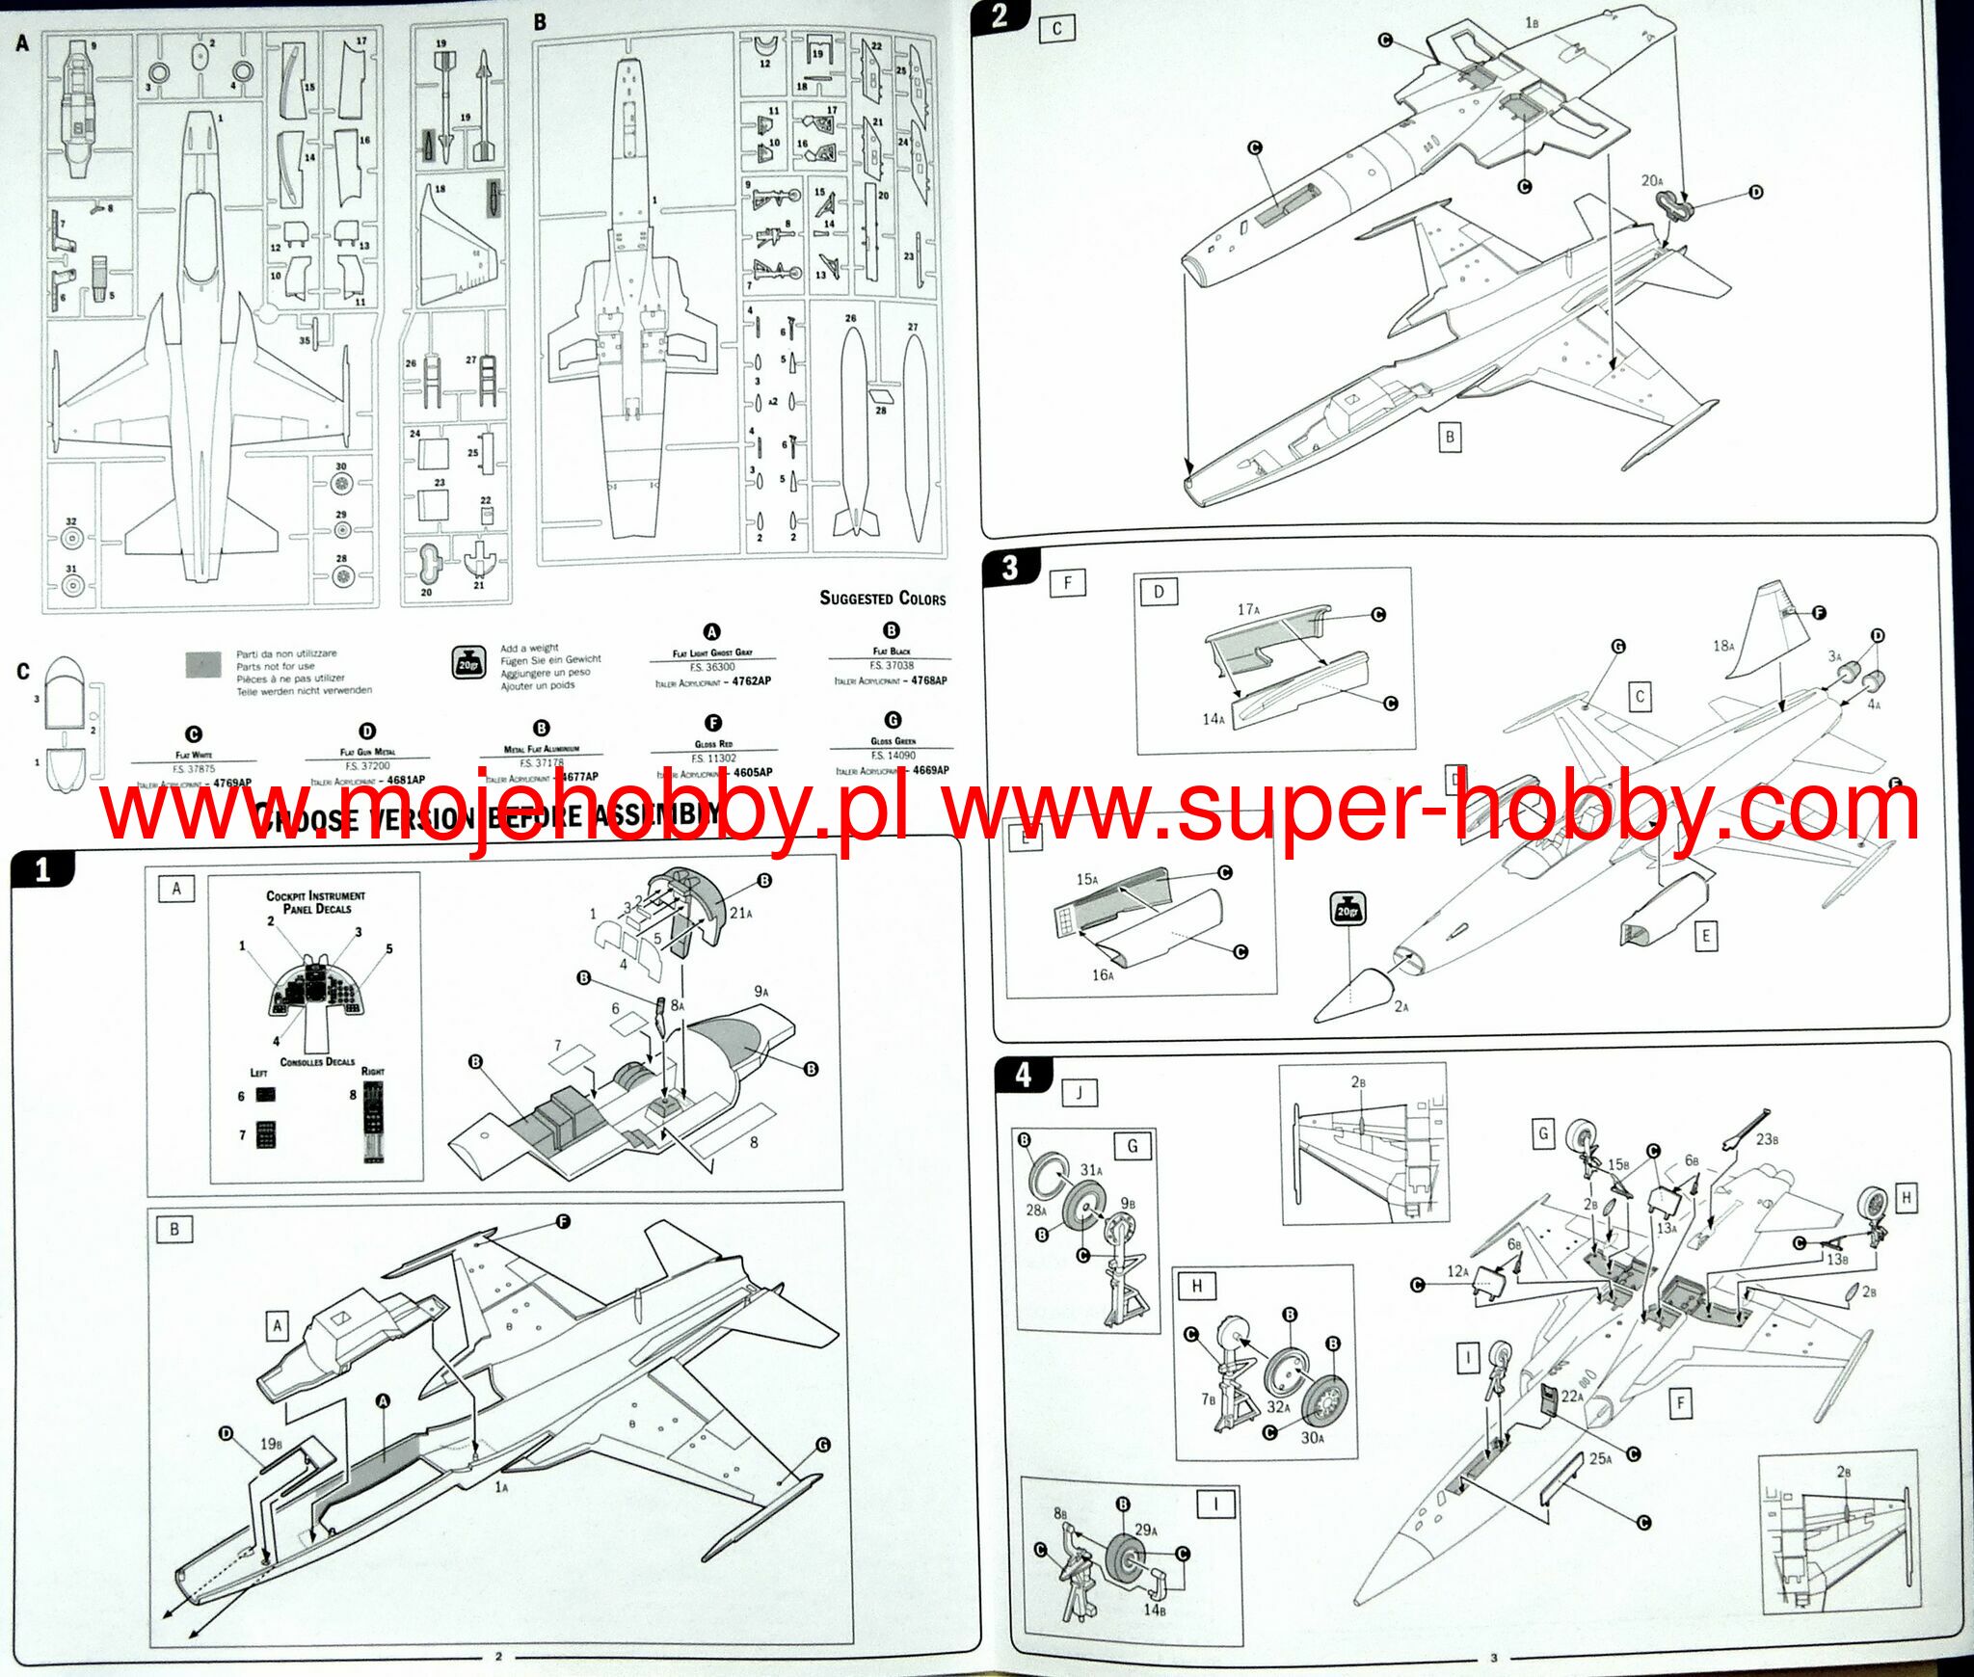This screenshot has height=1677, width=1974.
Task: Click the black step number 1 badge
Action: [x=41, y=870]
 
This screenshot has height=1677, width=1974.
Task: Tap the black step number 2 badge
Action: [x=1000, y=15]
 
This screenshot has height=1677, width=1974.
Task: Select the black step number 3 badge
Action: [x=1009, y=567]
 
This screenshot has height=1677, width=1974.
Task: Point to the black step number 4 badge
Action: [x=1023, y=1075]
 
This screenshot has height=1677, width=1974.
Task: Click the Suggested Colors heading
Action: [x=882, y=599]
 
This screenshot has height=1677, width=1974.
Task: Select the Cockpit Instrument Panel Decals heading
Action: [x=315, y=902]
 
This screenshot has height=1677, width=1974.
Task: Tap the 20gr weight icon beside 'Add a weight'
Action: [x=468, y=663]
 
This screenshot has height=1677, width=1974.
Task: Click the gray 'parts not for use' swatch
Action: [x=202, y=664]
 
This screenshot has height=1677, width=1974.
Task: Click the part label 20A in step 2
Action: [x=1651, y=180]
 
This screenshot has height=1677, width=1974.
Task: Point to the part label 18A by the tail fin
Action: [x=1722, y=646]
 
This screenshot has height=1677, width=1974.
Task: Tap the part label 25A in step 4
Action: [x=1599, y=1458]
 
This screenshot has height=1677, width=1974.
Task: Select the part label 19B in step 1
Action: [x=271, y=1444]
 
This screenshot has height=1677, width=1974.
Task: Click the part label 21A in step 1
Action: [x=740, y=913]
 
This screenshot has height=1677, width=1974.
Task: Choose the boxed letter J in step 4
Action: [x=1080, y=1093]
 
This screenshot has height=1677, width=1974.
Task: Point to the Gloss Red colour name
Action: [x=713, y=744]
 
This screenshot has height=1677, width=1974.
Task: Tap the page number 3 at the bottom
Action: [x=1494, y=1659]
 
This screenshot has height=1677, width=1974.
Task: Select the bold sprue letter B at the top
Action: [x=540, y=22]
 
